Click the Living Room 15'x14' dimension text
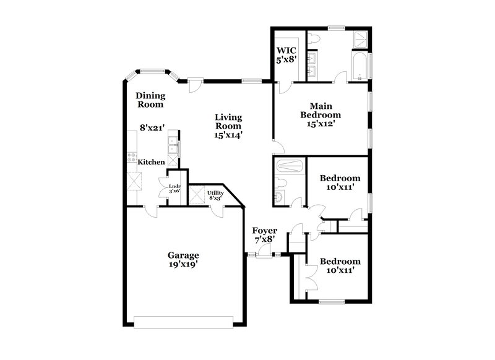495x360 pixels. point(228,134)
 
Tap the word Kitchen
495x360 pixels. point(151,162)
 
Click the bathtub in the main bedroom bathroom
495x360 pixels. point(359,67)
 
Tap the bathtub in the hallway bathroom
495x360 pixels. point(289,166)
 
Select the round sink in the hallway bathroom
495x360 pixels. point(279,197)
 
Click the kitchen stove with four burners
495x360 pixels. point(131,157)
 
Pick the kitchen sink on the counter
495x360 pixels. point(173,147)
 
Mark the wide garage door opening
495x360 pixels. point(184,322)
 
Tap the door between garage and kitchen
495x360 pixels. point(150,210)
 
